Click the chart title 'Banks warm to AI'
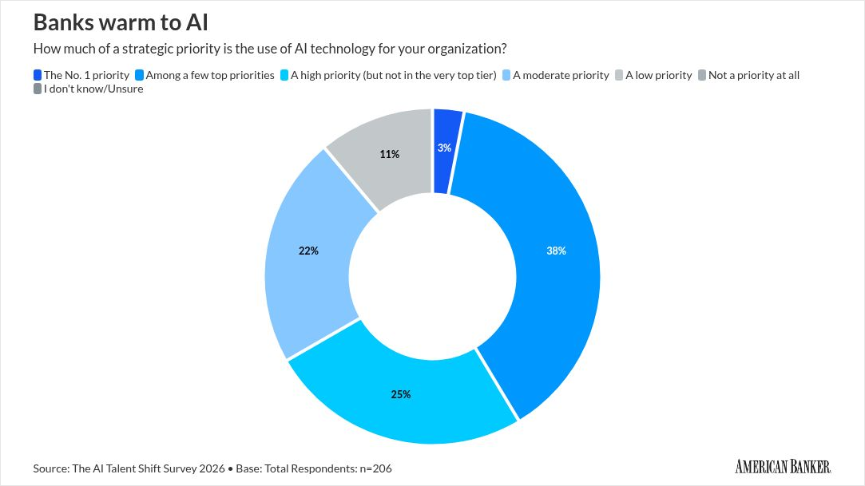[x=121, y=22]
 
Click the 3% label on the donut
[x=444, y=148]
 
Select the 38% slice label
[x=556, y=251]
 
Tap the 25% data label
[x=401, y=394]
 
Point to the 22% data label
[x=308, y=251]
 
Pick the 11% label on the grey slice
[x=389, y=154]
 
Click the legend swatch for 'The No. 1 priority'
[x=38, y=75]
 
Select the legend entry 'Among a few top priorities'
[x=210, y=75]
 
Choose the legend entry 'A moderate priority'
[x=560, y=75]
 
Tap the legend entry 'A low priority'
[x=658, y=75]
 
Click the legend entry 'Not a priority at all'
[x=753, y=75]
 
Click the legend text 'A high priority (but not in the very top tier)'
[x=394, y=75]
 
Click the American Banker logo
[x=783, y=466]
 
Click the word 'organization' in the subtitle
[x=465, y=48]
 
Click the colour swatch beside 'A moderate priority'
[x=506, y=75]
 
